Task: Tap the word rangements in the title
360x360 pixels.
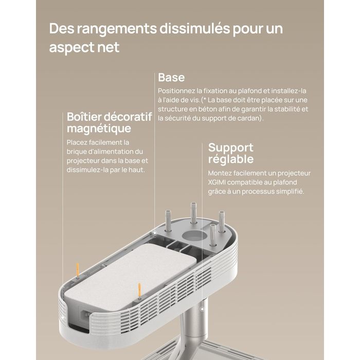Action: tap(116, 29)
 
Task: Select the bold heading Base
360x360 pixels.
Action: tap(171, 77)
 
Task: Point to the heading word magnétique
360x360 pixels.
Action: tap(99, 129)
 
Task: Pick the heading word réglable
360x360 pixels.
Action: tap(231, 159)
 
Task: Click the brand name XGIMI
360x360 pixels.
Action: tap(217, 182)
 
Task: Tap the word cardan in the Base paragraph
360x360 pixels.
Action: tap(250, 118)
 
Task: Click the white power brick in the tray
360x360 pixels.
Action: tap(131, 275)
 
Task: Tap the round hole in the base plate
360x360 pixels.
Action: tap(194, 236)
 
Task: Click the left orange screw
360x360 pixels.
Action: tap(78, 270)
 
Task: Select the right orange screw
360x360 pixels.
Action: tap(139, 291)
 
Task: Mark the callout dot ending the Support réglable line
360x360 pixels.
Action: tap(202, 309)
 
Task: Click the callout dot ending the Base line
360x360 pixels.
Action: tap(154, 233)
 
